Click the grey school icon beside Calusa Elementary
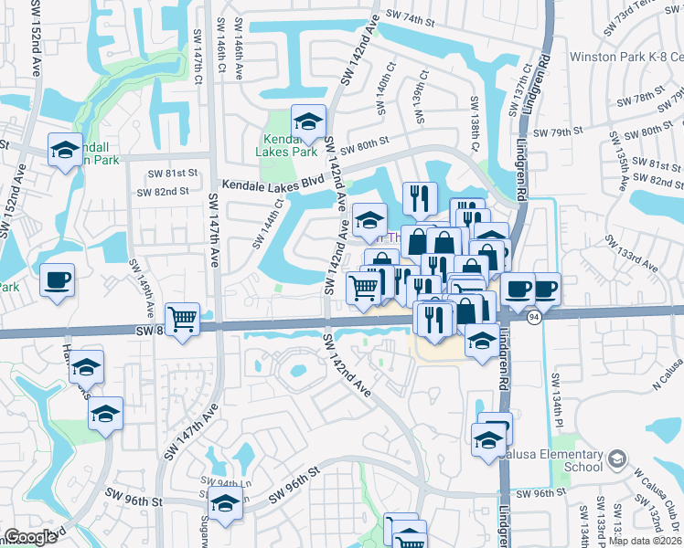[x=618, y=458]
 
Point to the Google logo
[x=30, y=537]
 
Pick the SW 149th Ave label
[x=141, y=282]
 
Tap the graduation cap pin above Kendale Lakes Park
[x=309, y=121]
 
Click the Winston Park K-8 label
[x=626, y=57]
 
